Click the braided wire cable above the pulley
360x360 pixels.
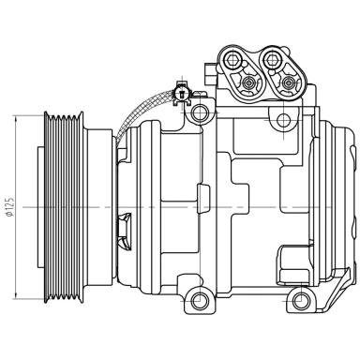point(141,111)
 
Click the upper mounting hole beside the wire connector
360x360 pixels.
point(198,113)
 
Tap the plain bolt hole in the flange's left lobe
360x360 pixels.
point(227,64)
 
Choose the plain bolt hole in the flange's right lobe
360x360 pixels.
point(273,64)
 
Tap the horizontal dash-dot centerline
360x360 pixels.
point(234,206)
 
